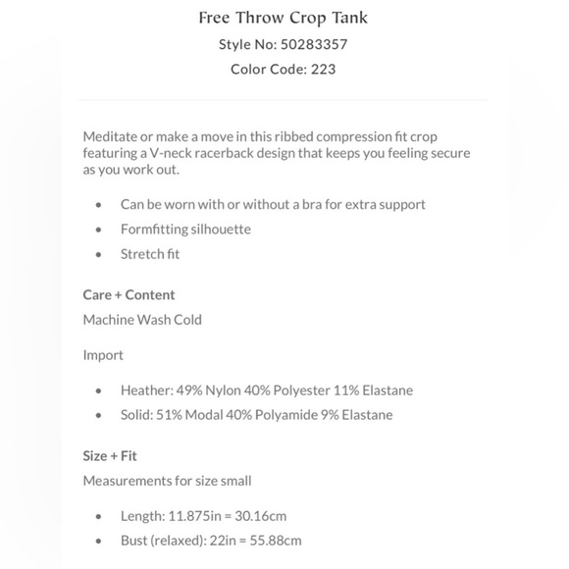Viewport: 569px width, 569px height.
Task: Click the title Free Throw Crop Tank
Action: pyautogui.click(x=284, y=18)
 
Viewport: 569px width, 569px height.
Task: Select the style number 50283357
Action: pyautogui.click(x=314, y=44)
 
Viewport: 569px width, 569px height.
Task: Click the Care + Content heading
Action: pyautogui.click(x=129, y=294)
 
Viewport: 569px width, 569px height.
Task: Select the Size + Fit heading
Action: pyautogui.click(x=110, y=455)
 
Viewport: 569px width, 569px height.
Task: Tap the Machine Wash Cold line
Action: pyautogui.click(x=142, y=319)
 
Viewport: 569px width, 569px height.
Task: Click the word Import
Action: pyautogui.click(x=103, y=354)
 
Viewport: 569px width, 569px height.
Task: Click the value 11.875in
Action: pyautogui.click(x=192, y=515)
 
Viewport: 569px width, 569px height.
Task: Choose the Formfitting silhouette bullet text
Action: pyautogui.click(x=185, y=229)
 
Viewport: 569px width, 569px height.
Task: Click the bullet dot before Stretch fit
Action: pyautogui.click(x=99, y=254)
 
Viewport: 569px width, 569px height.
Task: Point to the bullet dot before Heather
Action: pyautogui.click(x=99, y=390)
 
